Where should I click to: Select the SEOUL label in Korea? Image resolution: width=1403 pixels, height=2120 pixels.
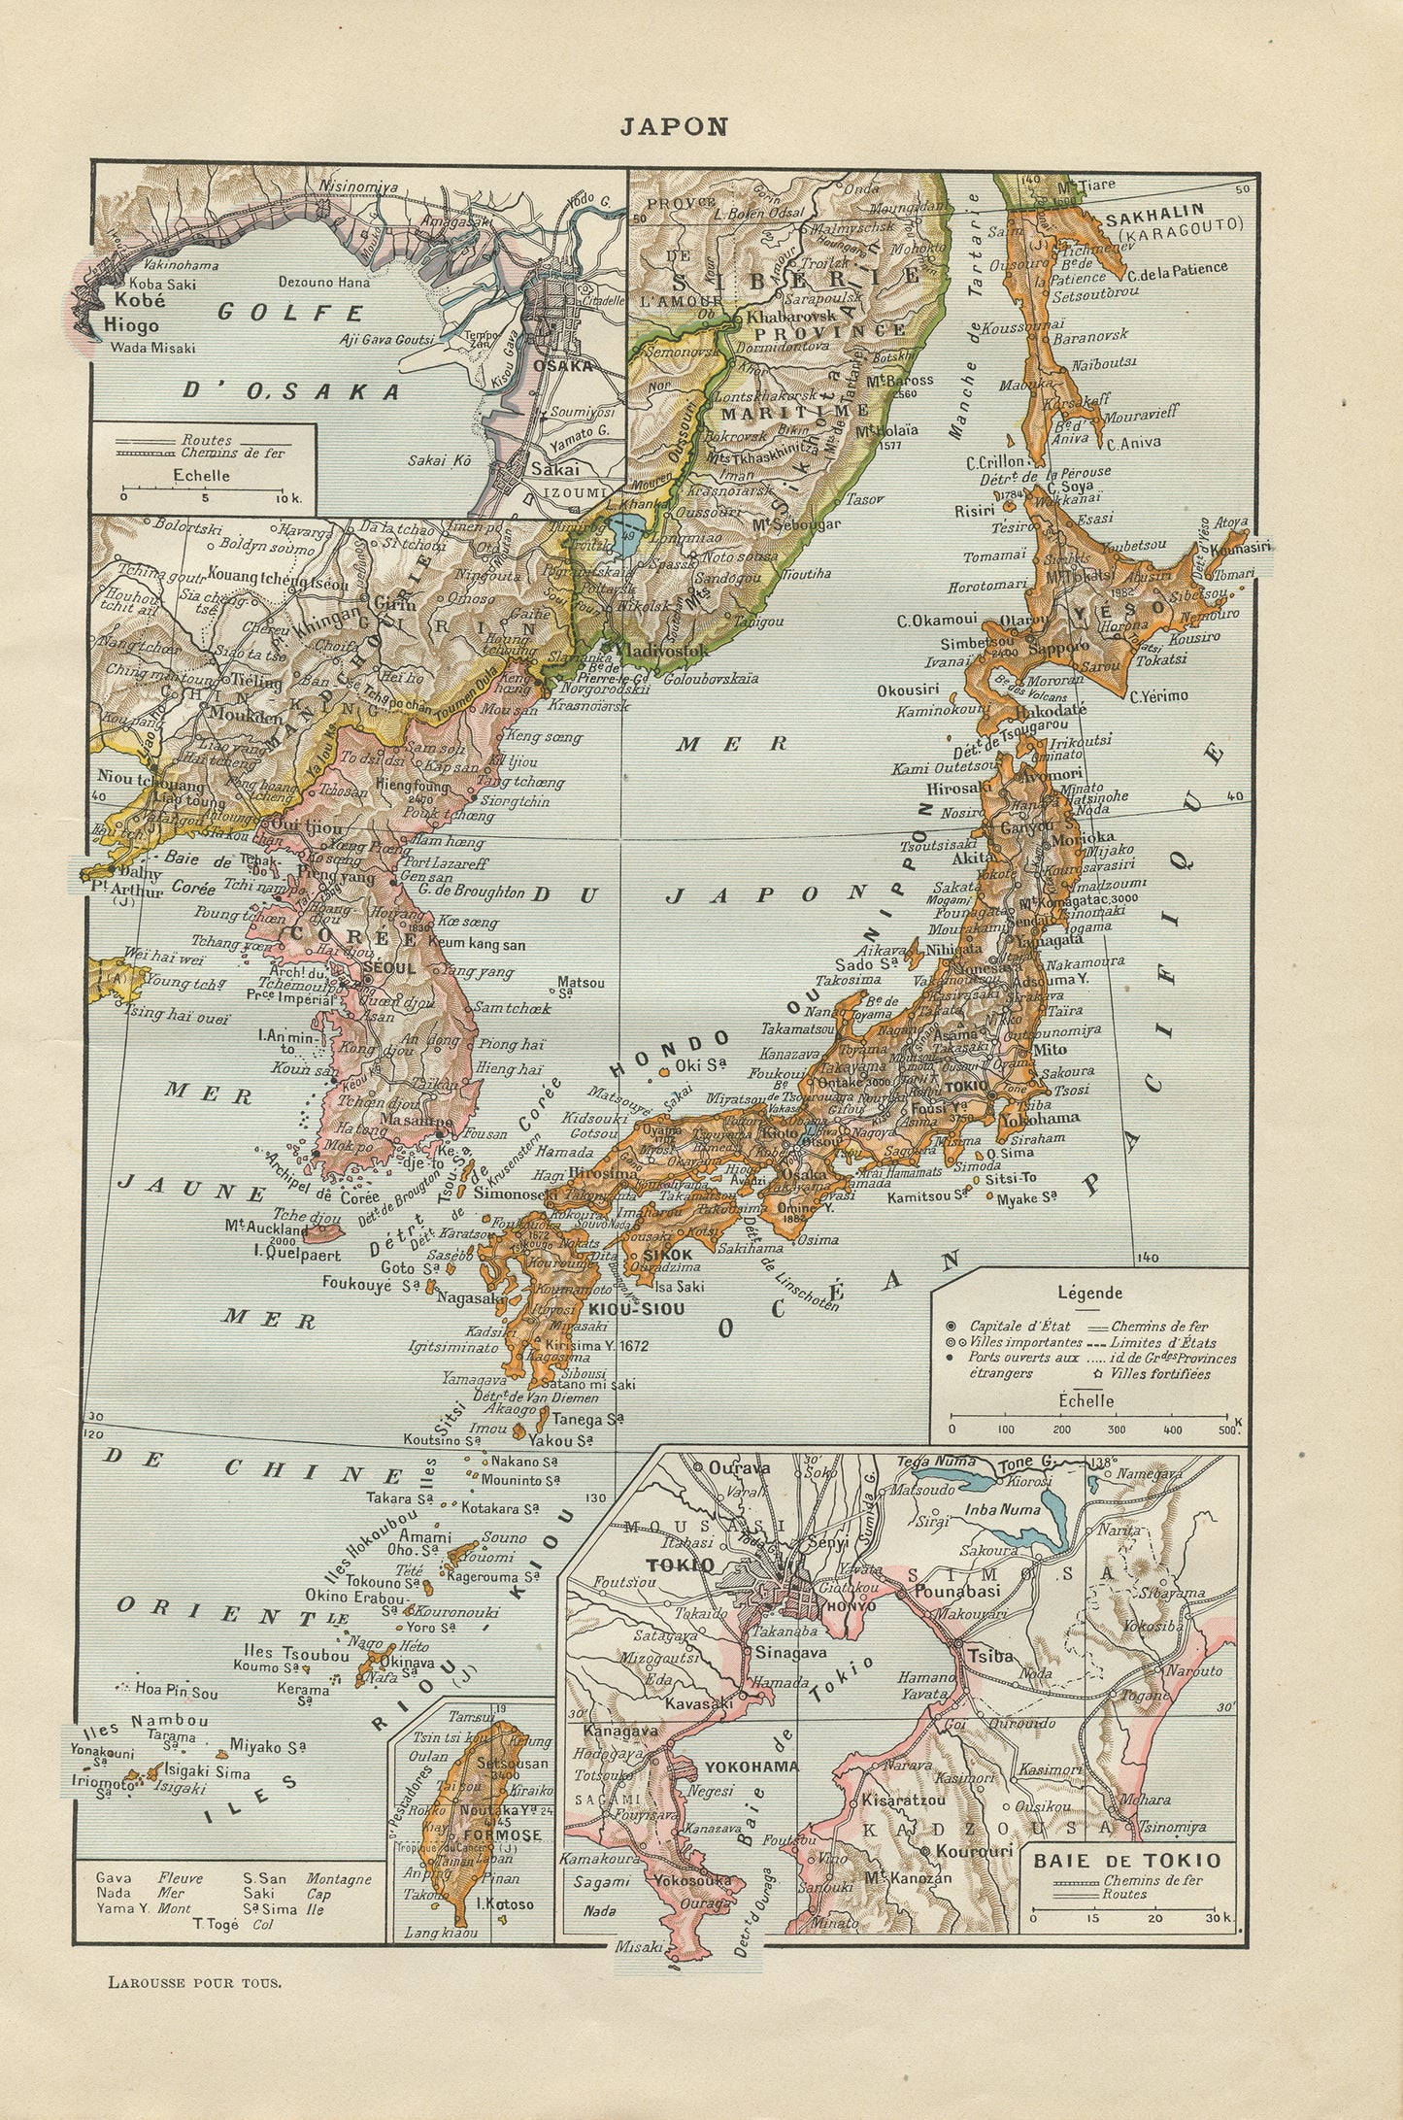pos(388,968)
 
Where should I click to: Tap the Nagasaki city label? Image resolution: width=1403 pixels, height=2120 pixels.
pos(470,1296)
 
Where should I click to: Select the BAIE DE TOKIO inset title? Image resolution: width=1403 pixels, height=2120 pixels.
pos(1126,1861)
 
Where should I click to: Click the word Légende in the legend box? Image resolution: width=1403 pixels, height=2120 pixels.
pos(1089,1293)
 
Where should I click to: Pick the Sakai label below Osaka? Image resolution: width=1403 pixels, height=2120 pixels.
pos(555,469)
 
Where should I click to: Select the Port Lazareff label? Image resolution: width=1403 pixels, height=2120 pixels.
pos(446,862)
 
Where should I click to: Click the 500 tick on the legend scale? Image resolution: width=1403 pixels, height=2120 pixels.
pos(1227,1430)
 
